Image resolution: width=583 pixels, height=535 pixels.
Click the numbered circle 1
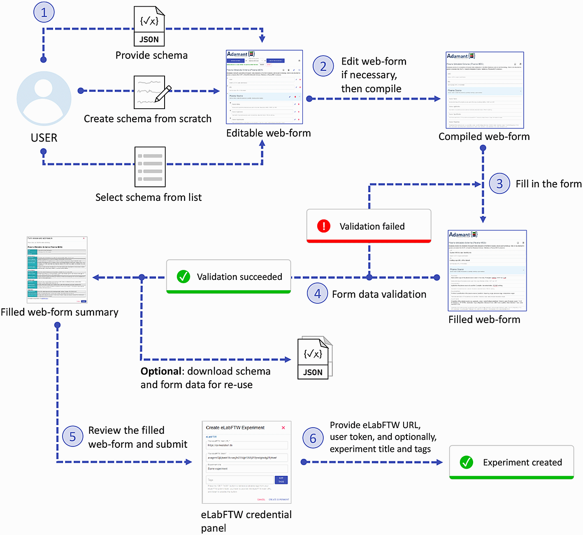(x=44, y=12)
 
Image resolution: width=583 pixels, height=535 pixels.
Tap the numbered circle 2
(x=323, y=66)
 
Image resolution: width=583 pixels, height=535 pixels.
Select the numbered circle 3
(x=499, y=184)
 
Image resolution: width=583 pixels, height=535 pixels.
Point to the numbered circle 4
(x=317, y=293)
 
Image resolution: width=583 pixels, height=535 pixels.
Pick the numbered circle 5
(x=73, y=436)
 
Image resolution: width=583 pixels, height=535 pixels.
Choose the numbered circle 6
(x=313, y=438)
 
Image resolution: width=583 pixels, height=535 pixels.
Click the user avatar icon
(x=44, y=99)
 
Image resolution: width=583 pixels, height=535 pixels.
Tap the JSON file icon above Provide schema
(x=149, y=26)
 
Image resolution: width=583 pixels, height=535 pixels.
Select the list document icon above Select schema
(x=150, y=167)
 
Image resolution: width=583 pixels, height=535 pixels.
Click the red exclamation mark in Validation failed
(x=324, y=226)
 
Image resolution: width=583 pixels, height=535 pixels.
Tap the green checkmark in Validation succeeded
(x=183, y=277)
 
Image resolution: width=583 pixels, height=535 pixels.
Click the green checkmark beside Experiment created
(x=466, y=462)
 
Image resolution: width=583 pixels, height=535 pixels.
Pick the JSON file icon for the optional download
(x=314, y=358)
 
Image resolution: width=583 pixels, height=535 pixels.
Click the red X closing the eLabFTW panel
(x=283, y=428)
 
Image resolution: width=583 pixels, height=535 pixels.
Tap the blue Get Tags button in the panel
(x=281, y=480)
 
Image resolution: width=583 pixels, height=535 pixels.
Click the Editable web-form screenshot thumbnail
(x=265, y=87)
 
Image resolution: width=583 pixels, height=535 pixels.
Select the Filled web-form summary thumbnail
(x=57, y=270)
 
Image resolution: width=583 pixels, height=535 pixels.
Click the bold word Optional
(x=161, y=371)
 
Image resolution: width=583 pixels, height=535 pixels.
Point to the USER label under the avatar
(x=44, y=138)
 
